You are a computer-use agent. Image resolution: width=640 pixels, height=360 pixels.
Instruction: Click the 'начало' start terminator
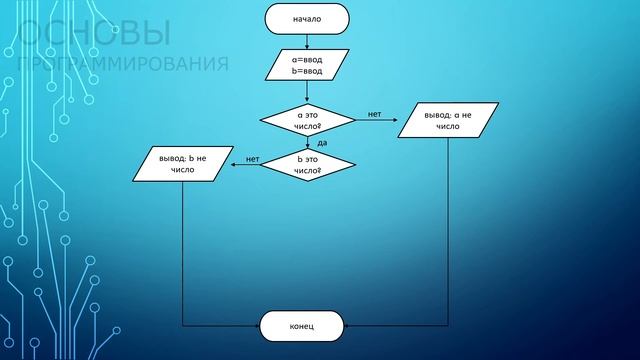click(307, 19)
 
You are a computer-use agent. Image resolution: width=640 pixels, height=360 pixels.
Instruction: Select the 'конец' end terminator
click(302, 326)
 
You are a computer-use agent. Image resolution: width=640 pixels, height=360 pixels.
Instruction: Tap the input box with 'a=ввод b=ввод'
click(307, 65)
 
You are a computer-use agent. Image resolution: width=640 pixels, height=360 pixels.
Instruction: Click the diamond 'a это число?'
click(308, 121)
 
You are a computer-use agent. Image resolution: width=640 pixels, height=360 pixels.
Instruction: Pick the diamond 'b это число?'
click(308, 165)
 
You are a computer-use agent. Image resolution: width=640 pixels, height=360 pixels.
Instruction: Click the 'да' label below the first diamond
click(322, 143)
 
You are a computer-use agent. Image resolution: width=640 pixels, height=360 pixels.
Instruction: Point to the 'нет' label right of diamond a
click(374, 114)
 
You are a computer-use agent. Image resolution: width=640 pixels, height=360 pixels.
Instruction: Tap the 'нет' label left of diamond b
click(252, 159)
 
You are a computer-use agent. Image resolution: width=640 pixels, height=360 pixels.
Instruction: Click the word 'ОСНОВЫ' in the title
click(94, 36)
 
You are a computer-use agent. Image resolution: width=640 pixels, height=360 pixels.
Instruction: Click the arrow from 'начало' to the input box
click(307, 41)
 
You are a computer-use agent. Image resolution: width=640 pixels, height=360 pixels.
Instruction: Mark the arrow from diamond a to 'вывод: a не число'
click(377, 122)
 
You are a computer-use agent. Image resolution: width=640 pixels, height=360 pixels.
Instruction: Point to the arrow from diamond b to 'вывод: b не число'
click(246, 166)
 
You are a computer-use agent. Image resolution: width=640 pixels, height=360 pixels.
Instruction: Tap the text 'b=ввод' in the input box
click(307, 72)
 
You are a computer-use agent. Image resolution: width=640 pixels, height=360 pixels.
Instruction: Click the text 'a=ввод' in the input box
click(307, 59)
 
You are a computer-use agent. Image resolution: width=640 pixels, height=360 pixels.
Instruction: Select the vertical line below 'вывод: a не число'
click(448, 230)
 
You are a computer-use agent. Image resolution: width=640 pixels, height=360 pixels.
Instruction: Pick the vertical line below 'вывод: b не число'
click(183, 250)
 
